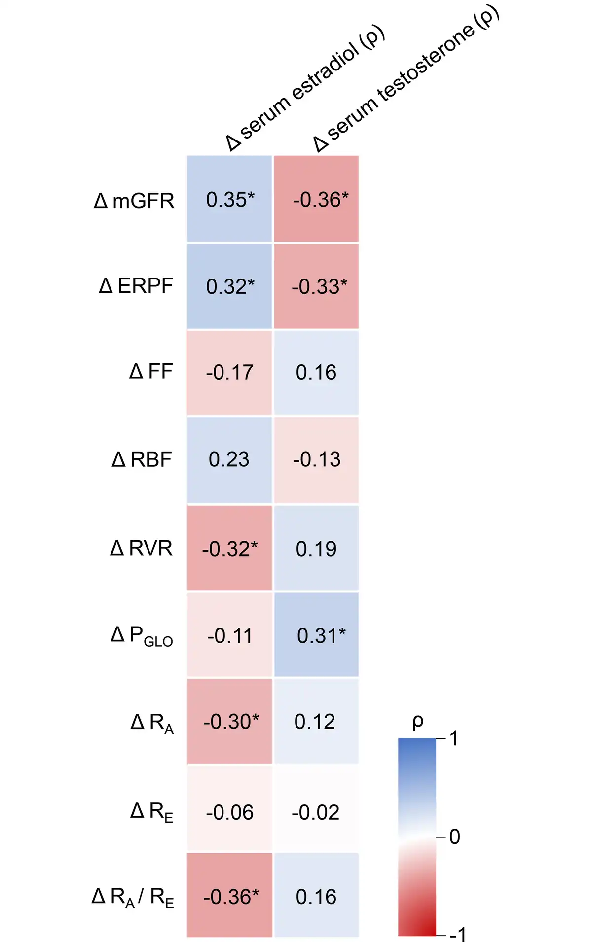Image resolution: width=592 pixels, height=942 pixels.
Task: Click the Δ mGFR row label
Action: [x=134, y=201]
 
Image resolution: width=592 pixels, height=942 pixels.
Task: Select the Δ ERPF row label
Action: [x=136, y=286]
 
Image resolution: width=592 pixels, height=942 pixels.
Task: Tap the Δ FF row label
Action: [x=151, y=372]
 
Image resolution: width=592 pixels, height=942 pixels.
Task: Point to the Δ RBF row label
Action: [x=142, y=459]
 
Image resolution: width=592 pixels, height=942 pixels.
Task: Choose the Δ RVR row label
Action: [x=142, y=548]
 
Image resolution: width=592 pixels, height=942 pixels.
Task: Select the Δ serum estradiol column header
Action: [x=305, y=89]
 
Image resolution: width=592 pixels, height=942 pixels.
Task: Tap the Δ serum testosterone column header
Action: [x=407, y=79]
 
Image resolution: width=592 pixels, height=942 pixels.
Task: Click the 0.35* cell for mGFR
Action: [x=230, y=200]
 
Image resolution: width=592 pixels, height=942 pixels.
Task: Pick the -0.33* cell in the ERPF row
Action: [x=317, y=286]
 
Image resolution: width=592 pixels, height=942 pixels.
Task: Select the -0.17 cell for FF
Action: [x=230, y=372]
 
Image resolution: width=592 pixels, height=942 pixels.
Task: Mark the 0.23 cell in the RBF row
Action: [x=229, y=459]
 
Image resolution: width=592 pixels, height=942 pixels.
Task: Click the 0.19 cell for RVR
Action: [x=316, y=549]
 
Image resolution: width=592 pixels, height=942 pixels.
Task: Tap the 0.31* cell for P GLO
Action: [x=317, y=635]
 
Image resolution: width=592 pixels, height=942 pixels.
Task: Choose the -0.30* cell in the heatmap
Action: [x=230, y=722]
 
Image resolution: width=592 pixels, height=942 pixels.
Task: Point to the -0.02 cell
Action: [x=316, y=812]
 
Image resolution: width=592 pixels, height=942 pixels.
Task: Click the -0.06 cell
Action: [x=230, y=812]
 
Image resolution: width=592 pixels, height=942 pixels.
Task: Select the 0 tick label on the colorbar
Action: [x=455, y=837]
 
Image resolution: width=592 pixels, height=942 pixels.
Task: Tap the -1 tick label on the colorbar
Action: [x=458, y=934]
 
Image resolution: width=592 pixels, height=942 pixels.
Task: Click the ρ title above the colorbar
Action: [x=418, y=723]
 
